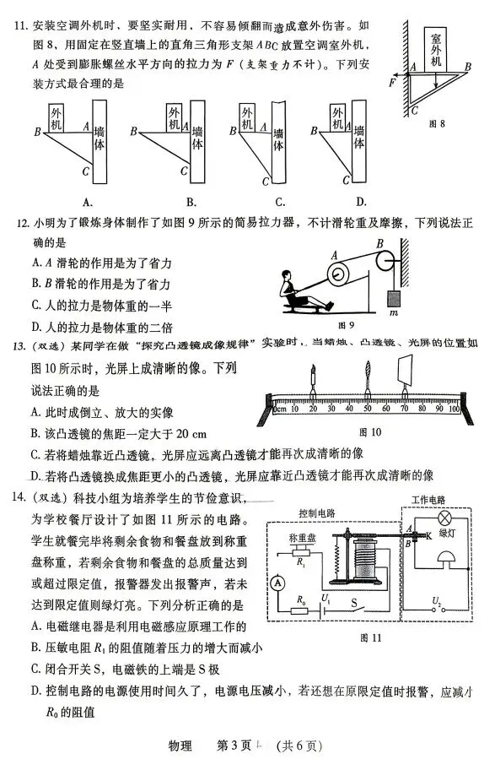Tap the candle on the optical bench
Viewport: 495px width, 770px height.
pyautogui.click(x=312, y=376)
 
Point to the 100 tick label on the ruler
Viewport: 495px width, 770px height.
pyautogui.click(x=453, y=410)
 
